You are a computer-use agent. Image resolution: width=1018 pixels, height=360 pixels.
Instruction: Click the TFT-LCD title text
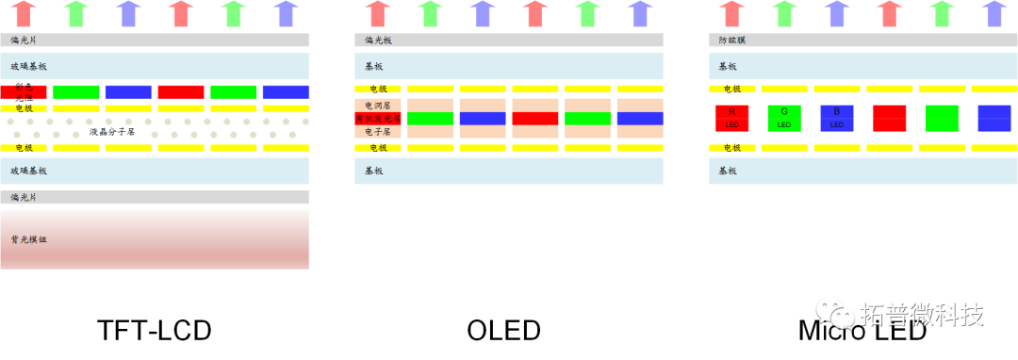[x=154, y=331]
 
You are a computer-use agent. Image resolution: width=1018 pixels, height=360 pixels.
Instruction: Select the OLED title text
[x=503, y=331]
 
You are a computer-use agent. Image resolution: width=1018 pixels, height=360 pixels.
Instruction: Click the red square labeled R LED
[x=731, y=118]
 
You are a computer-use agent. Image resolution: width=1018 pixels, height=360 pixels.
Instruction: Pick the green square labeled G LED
[x=784, y=118]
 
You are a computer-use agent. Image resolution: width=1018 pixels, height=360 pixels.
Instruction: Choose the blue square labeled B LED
[x=837, y=118]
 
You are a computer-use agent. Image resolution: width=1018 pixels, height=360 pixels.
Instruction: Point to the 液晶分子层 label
[x=112, y=132]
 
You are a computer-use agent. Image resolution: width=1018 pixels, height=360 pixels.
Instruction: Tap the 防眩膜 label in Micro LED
[x=731, y=41]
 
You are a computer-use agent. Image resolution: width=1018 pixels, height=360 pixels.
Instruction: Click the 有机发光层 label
[x=378, y=119]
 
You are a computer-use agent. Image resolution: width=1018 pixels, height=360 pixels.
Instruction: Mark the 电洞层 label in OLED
[x=377, y=106]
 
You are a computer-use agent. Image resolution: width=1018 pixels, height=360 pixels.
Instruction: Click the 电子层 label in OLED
[x=377, y=132]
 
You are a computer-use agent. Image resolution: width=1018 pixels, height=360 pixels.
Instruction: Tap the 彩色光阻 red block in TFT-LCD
[x=24, y=91]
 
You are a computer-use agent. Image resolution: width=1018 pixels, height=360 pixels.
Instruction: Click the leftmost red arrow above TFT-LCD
[x=25, y=13]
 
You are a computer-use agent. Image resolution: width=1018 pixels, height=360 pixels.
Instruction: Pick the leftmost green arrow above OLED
[x=430, y=13]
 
